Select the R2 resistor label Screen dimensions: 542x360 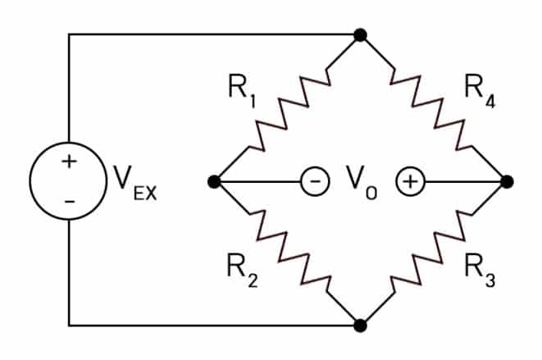click(x=243, y=271)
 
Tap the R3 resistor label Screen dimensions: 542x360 click(x=481, y=271)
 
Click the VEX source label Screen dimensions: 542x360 click(x=135, y=183)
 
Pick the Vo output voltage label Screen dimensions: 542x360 click(x=362, y=183)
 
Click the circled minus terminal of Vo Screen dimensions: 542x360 click(x=315, y=181)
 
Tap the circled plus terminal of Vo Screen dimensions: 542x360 click(x=410, y=181)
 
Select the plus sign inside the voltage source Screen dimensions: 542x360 click(x=69, y=162)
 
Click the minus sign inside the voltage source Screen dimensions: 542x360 click(x=70, y=202)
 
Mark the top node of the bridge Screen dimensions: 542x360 click(x=360, y=35)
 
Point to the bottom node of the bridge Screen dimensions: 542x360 click(x=360, y=326)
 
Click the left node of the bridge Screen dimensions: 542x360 click(x=214, y=181)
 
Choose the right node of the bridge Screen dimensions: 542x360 click(x=507, y=181)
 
